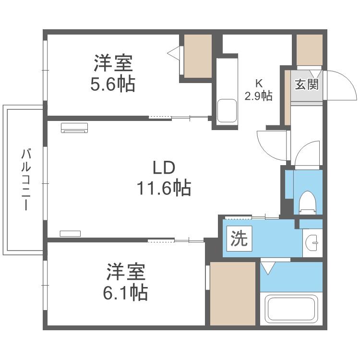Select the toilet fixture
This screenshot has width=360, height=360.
tap(307, 202)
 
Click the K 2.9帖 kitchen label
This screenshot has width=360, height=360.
tap(258, 90)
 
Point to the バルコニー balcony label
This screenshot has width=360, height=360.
tap(26, 180)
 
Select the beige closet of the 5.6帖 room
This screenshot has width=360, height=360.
tap(198, 55)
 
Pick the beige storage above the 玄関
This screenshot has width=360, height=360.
tap(309, 49)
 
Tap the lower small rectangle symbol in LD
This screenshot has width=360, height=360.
tap(71, 234)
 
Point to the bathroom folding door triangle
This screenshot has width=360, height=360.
tap(268, 267)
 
